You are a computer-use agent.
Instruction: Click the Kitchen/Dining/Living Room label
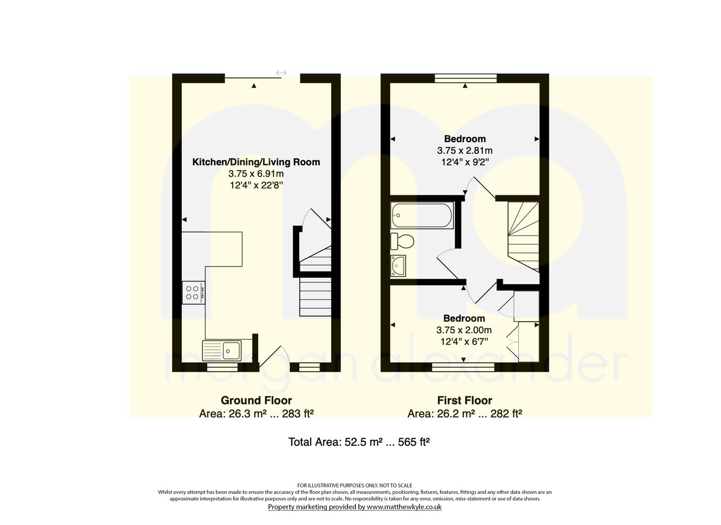(256, 162)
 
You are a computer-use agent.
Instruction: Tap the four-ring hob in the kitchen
(193, 293)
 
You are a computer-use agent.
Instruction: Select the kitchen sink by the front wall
(222, 350)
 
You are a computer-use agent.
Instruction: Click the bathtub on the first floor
(422, 215)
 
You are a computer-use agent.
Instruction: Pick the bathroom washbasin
(398, 266)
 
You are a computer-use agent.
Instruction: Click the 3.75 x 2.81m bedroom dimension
(465, 151)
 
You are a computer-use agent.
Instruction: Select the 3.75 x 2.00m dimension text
(464, 330)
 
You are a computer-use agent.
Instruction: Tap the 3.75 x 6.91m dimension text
(256, 174)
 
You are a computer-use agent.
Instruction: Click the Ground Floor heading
(256, 400)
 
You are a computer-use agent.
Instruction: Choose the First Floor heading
(465, 400)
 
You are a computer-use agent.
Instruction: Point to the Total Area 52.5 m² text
(359, 442)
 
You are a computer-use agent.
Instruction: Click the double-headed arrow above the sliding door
(281, 73)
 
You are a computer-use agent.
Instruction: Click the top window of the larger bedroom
(466, 78)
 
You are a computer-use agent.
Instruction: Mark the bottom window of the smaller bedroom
(463, 367)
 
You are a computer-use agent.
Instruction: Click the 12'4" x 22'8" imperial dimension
(256, 186)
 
